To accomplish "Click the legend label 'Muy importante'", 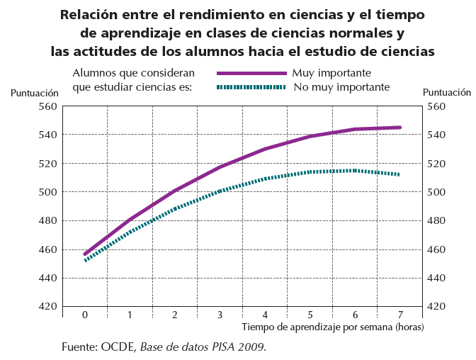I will click(x=331, y=73).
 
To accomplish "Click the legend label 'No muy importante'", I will click(x=341, y=87).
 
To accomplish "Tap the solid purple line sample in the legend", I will click(x=251, y=73).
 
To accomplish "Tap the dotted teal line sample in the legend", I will click(x=251, y=87).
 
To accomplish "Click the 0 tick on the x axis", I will click(x=85, y=315).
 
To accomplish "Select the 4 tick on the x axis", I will click(x=265, y=315).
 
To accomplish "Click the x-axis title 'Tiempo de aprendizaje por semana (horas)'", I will click(x=332, y=327).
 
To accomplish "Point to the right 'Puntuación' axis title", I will click(x=446, y=92).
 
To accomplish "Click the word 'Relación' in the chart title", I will click(x=91, y=14).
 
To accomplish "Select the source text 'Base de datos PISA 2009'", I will click(x=203, y=347).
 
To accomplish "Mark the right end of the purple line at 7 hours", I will click(x=400, y=128).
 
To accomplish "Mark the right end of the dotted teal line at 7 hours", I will click(x=399, y=174).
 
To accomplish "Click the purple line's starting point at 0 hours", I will click(x=85, y=254).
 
